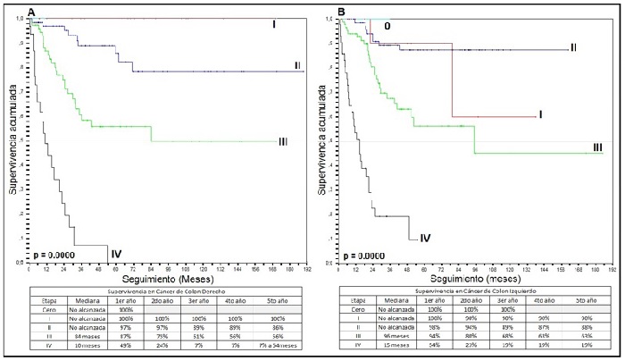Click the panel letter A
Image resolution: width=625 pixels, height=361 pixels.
click(x=31, y=12)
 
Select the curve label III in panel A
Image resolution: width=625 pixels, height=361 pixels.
click(x=282, y=141)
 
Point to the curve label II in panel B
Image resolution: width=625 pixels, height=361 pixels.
click(x=575, y=46)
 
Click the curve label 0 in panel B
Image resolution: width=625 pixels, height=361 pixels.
click(x=387, y=26)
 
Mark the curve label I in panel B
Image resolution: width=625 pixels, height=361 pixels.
click(x=540, y=114)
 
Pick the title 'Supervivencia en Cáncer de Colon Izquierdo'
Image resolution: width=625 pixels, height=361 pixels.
click(x=470, y=291)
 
